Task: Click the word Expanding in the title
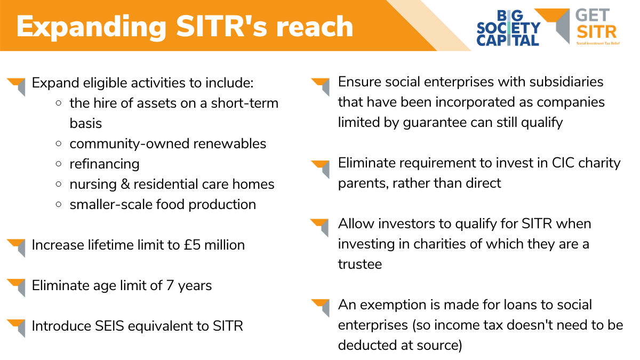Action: tap(91, 27)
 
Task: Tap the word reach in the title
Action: tap(315, 27)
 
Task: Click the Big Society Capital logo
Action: tap(508, 28)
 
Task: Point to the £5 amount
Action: tap(192, 245)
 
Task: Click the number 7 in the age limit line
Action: tap(170, 285)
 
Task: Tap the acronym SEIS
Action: tap(109, 326)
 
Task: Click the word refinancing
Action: tap(105, 164)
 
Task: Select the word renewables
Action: tap(230, 143)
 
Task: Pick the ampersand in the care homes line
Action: tap(125, 184)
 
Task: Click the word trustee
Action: tap(359, 264)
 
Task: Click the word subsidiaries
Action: tap(566, 82)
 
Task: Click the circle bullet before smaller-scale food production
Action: tap(59, 205)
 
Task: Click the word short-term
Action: tap(245, 103)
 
